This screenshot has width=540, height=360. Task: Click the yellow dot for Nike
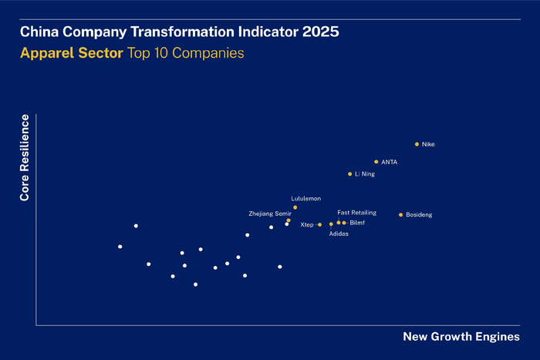point(417,144)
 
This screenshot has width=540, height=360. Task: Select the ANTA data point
point(376,162)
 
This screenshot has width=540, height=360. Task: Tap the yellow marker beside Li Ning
point(349,174)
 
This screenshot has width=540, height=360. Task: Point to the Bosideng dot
point(400,214)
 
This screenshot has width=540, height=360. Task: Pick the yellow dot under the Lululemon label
point(295,207)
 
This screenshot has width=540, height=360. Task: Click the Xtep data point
point(319,224)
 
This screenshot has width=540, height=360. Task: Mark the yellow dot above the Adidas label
point(331,224)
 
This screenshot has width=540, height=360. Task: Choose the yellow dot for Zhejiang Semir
point(289,220)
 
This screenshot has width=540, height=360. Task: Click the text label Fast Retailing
point(356,212)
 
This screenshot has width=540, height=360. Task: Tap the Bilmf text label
point(357,223)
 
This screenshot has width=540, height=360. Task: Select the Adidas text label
point(339,234)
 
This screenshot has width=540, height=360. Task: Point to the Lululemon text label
point(305,198)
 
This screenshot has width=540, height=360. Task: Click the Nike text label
point(428,144)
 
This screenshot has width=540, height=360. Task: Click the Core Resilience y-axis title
point(25,158)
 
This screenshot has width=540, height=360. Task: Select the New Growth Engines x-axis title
point(461,337)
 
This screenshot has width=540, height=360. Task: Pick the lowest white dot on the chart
point(195,284)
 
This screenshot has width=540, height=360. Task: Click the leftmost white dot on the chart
point(120,247)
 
